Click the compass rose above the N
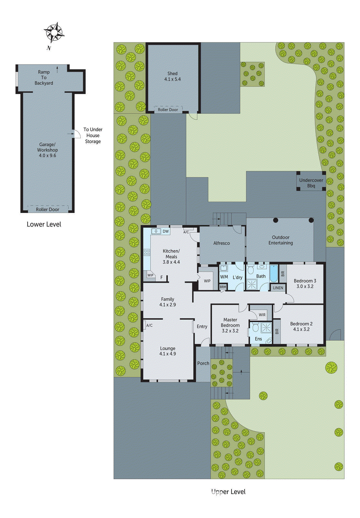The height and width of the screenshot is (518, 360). tap(54, 32)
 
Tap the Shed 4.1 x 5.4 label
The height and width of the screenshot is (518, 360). tap(172, 76)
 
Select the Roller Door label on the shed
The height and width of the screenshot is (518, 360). tap(168, 110)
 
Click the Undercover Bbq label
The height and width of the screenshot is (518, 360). tap(311, 183)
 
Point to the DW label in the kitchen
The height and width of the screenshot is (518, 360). tap(166, 231)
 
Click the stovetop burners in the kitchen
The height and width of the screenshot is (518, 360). tap(147, 252)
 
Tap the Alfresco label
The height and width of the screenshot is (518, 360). tap(221, 243)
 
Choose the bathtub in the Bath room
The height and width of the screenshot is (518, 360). tap(274, 274)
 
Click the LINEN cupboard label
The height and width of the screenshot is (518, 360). tap(278, 288)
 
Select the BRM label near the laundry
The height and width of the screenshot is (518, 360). tap(223, 287)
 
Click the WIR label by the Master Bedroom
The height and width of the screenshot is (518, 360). tap(262, 315)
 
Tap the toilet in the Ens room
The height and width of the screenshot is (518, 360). tap(255, 327)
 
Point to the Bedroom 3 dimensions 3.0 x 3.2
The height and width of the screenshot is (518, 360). tap(305, 287)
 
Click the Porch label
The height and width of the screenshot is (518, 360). tap(203, 363)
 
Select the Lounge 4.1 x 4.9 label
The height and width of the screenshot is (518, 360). tap(167, 351)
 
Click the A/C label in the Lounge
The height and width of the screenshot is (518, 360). tap(149, 325)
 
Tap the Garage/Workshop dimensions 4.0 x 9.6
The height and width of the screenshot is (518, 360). tap(47, 156)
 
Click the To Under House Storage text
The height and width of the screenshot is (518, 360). tap(93, 135)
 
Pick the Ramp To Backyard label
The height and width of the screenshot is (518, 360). tap(44, 78)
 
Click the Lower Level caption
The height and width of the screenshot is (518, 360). tap(44, 224)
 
